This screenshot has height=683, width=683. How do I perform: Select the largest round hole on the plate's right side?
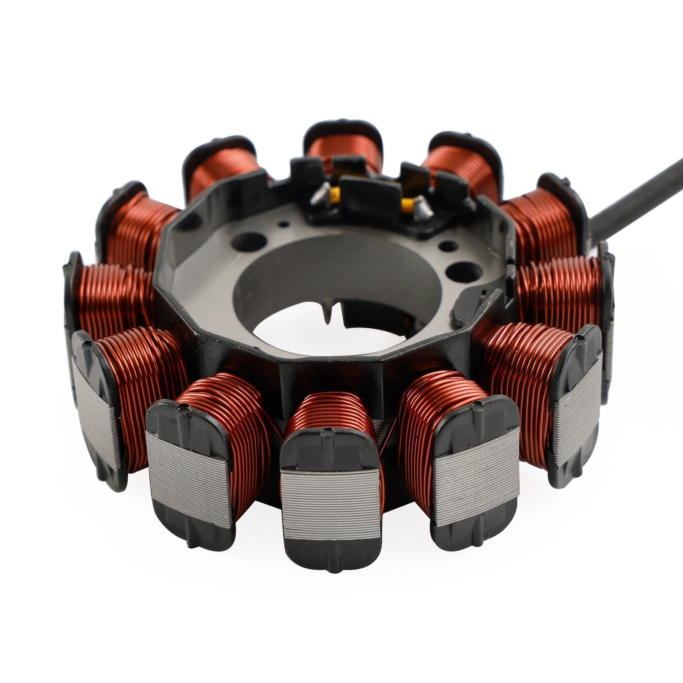click(461, 271)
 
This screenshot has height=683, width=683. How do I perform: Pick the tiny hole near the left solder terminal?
click(282, 223)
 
